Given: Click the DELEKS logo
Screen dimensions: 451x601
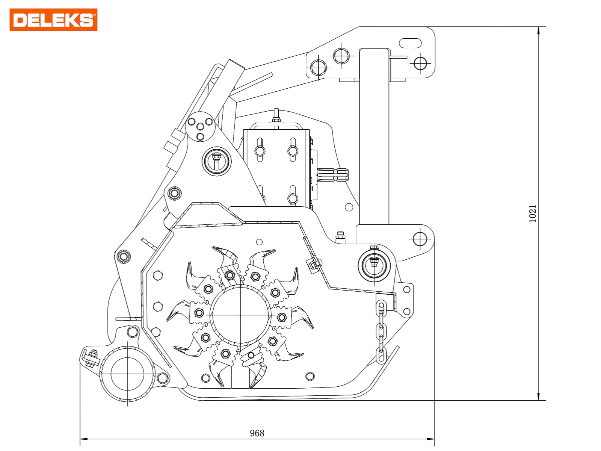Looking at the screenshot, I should [53, 20].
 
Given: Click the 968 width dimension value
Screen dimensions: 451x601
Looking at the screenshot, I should [257, 433].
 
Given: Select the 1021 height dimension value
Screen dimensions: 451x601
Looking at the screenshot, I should [533, 213].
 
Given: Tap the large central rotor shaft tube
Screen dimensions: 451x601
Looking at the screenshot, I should [240, 315].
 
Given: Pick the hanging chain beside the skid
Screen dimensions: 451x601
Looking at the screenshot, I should [382, 331].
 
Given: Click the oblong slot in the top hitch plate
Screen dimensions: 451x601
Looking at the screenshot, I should [410, 43].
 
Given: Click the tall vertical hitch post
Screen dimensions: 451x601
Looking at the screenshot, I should [374, 135].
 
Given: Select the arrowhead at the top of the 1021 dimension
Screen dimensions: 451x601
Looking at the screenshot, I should [539, 30].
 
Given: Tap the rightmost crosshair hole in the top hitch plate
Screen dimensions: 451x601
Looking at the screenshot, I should [420, 63].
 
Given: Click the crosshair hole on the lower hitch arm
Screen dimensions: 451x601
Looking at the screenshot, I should [420, 238].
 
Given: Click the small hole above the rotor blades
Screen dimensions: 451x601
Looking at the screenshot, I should [259, 242].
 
